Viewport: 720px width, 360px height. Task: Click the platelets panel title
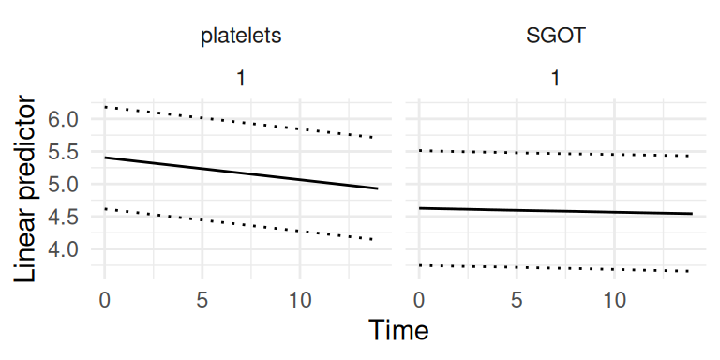(241, 36)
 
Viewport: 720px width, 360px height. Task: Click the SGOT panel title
(556, 36)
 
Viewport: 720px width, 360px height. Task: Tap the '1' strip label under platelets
(241, 79)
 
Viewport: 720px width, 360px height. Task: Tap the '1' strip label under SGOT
(556, 79)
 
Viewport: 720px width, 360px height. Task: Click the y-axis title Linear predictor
(24, 189)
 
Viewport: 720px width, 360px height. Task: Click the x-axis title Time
(398, 330)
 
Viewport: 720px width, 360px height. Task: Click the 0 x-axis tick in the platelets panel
(105, 300)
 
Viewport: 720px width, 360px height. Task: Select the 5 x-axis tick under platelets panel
(202, 300)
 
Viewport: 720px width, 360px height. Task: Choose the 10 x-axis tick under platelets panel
(300, 300)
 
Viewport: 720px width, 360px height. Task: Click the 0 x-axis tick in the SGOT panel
(419, 300)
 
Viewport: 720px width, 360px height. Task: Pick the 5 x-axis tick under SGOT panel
(517, 300)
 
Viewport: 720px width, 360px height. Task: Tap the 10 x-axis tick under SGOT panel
(614, 300)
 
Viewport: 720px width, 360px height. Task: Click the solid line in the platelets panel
(242, 173)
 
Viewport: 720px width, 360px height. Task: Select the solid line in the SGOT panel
(556, 211)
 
